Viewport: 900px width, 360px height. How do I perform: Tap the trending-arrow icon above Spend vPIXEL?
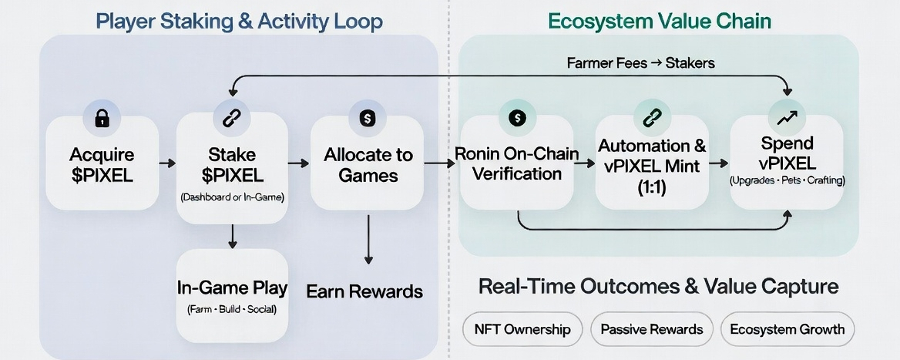[x=787, y=117]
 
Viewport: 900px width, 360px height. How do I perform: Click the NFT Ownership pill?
[x=522, y=329]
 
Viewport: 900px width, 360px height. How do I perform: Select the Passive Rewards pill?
[x=651, y=329]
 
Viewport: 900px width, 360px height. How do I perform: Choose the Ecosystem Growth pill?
[x=787, y=329]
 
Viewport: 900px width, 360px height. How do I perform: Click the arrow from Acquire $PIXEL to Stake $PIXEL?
[x=166, y=163]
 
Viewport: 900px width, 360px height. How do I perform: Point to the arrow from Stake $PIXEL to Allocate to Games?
[x=296, y=163]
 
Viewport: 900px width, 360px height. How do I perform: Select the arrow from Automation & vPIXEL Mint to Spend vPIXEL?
[x=718, y=163]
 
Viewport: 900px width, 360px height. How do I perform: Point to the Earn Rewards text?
[x=364, y=291]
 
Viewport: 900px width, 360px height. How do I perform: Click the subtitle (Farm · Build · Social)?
[x=232, y=309]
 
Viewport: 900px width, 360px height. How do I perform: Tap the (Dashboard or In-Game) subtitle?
[x=232, y=198]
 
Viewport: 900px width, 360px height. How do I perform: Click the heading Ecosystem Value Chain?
[x=660, y=20]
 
